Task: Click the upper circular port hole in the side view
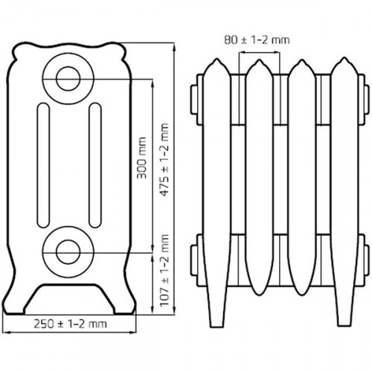[68, 77]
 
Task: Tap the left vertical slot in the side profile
[42, 163]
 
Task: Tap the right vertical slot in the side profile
[94, 163]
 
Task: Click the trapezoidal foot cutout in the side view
[68, 298]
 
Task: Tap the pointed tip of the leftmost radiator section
[214, 62]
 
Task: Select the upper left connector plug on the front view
[196, 100]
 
